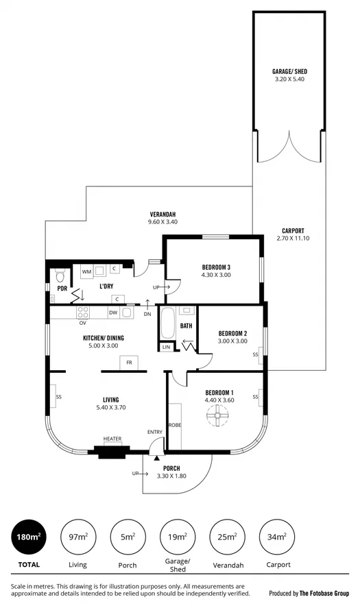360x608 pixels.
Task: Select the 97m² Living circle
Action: pyautogui.click(x=77, y=537)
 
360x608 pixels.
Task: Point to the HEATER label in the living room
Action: pyautogui.click(x=112, y=439)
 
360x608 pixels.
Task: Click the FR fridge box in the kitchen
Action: pyautogui.click(x=129, y=363)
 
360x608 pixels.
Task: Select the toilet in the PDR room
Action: pyautogui.click(x=60, y=276)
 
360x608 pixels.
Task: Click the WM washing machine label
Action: pyautogui.click(x=87, y=272)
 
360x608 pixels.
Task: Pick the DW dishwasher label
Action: pyautogui.click(x=112, y=313)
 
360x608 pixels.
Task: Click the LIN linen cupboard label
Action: pyautogui.click(x=166, y=348)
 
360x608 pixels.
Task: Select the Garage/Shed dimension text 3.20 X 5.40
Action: pyautogui.click(x=288, y=78)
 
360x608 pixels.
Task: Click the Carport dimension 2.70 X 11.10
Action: pyautogui.click(x=293, y=238)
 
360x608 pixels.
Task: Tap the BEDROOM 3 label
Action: pyautogui.click(x=216, y=267)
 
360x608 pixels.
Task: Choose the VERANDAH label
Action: pyautogui.click(x=163, y=214)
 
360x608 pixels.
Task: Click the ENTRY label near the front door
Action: pyautogui.click(x=155, y=431)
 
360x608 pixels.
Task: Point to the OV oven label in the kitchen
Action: pyautogui.click(x=82, y=322)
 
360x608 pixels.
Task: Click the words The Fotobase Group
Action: pyautogui.click(x=324, y=594)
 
